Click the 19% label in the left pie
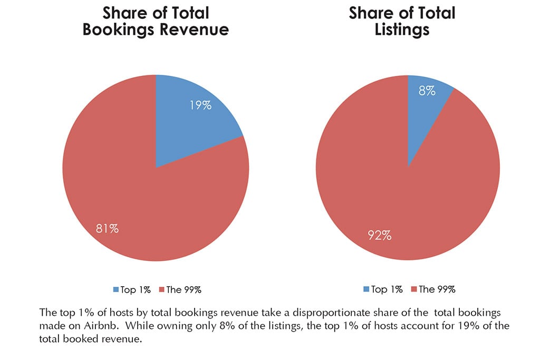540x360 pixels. [x=200, y=105]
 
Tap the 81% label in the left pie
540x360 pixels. [x=107, y=228]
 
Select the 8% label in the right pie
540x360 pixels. [x=427, y=90]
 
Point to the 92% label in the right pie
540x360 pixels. [x=380, y=235]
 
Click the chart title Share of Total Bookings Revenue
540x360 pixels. [x=156, y=21]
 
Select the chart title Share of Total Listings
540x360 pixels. [x=402, y=21]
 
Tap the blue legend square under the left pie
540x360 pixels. [x=115, y=289]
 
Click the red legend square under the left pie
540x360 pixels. [x=162, y=289]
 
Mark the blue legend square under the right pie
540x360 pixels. [x=367, y=289]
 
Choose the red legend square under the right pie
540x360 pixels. [x=413, y=289]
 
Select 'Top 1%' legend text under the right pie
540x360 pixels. [x=387, y=289]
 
